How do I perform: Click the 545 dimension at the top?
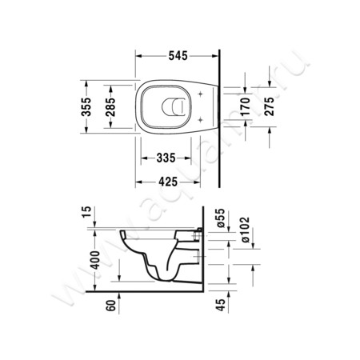[177, 57]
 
